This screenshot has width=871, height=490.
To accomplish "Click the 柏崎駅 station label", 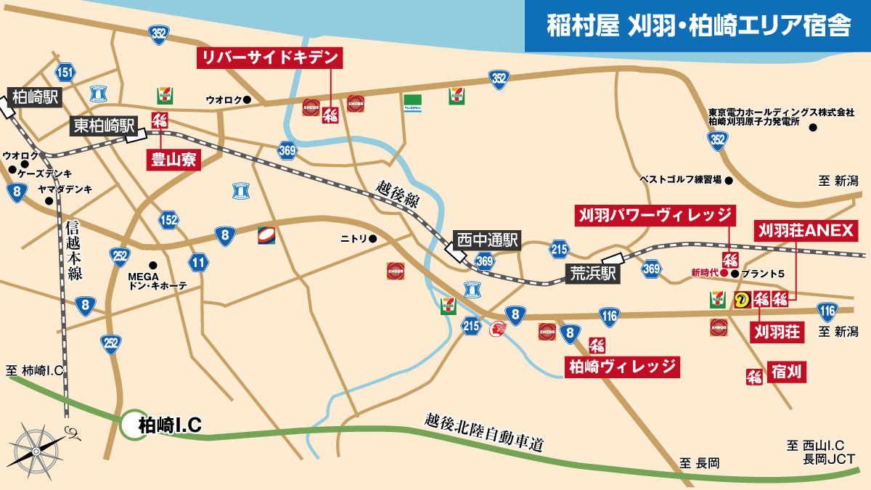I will (35, 97).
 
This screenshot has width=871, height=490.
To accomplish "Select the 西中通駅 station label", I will (487, 240).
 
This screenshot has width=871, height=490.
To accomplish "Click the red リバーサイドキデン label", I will (269, 59).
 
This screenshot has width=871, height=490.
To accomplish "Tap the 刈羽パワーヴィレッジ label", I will (655, 215).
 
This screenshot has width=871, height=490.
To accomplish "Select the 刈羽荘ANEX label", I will (807, 231).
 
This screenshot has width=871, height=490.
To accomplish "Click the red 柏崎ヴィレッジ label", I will (622, 367).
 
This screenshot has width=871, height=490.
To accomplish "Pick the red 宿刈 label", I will (787, 373).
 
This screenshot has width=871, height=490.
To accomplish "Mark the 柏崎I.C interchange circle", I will (137, 425).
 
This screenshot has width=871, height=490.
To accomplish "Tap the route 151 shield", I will (65, 72).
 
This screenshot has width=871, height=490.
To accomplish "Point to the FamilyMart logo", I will (412, 102).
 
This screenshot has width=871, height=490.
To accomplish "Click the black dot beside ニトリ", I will (373, 238).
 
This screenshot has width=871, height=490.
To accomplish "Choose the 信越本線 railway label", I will (75, 250).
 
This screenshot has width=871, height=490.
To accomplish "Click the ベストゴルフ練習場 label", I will (680, 179).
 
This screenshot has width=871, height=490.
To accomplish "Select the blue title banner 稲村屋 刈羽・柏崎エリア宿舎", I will (698, 25).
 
